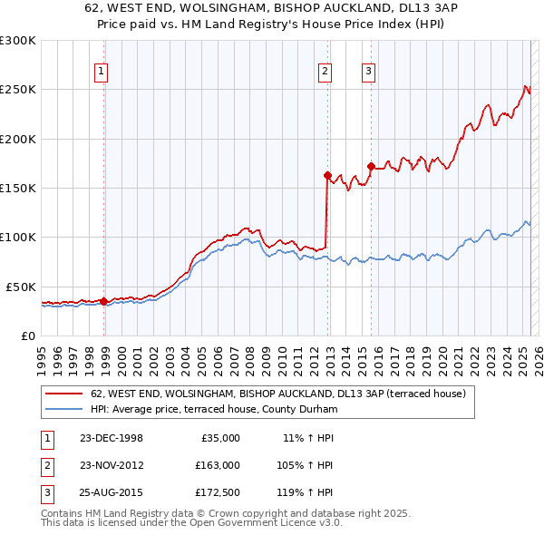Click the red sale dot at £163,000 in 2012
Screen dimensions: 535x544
327,175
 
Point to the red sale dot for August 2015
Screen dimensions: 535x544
372,166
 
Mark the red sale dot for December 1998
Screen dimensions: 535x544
104,301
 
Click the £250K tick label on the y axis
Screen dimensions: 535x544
18,90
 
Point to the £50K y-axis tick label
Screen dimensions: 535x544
21,287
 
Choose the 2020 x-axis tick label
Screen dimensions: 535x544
441,355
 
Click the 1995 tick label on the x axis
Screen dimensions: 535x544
41,355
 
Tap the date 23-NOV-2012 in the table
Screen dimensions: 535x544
111,465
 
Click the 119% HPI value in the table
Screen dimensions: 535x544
308,493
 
